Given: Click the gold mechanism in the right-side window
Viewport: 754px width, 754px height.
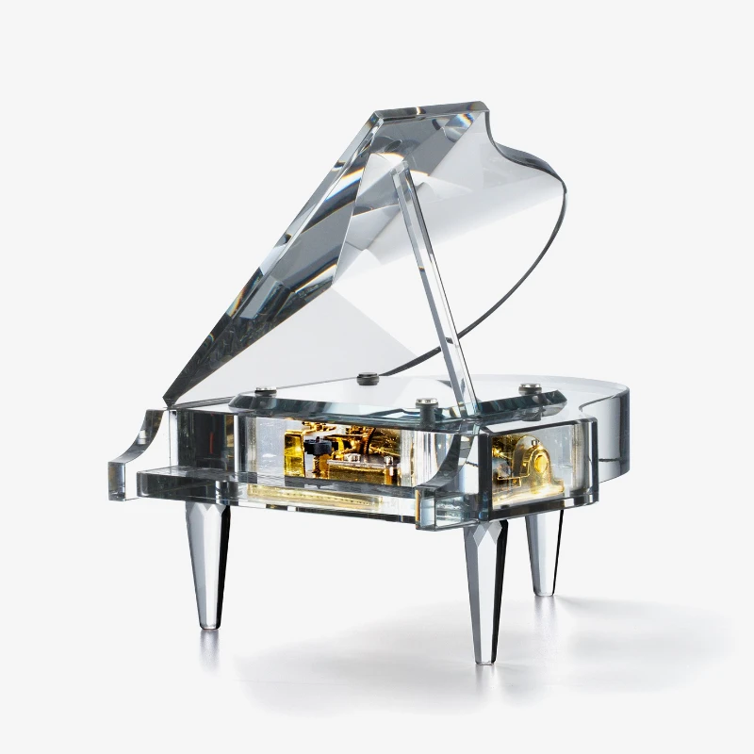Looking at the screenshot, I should point(533,461).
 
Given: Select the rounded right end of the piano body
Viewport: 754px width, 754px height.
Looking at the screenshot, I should point(617,415).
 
